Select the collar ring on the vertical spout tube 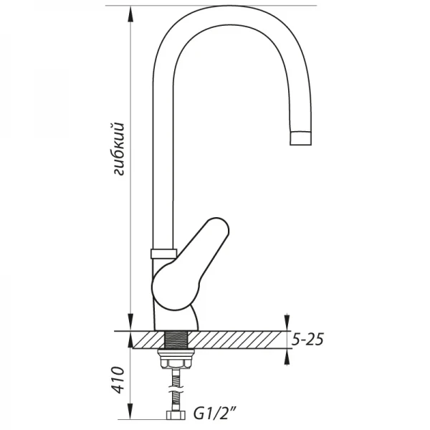pos(163,252)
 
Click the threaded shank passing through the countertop pos(176,340)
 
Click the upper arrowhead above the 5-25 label pos(286,322)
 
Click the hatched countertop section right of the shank pos(236,340)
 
